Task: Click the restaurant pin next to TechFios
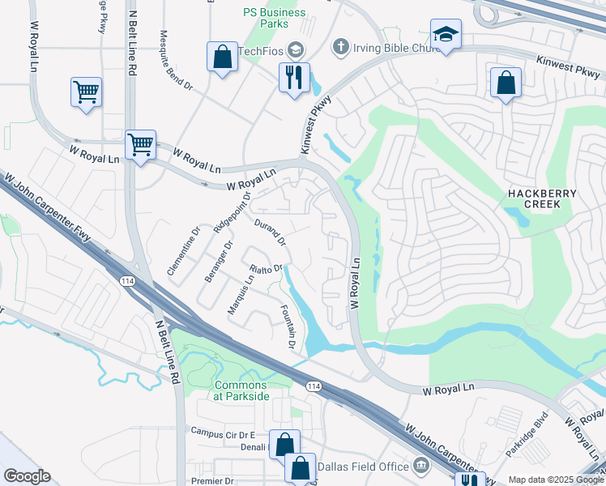[x=293, y=78]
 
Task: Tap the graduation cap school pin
[x=445, y=35]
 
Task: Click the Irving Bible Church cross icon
[x=339, y=48]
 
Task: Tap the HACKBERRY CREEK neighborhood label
[x=542, y=199]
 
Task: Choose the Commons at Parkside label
[x=241, y=390]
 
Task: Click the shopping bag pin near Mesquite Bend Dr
[x=221, y=58]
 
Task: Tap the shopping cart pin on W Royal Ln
[x=140, y=146]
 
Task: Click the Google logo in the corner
[x=27, y=476]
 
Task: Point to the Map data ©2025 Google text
[x=555, y=480]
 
